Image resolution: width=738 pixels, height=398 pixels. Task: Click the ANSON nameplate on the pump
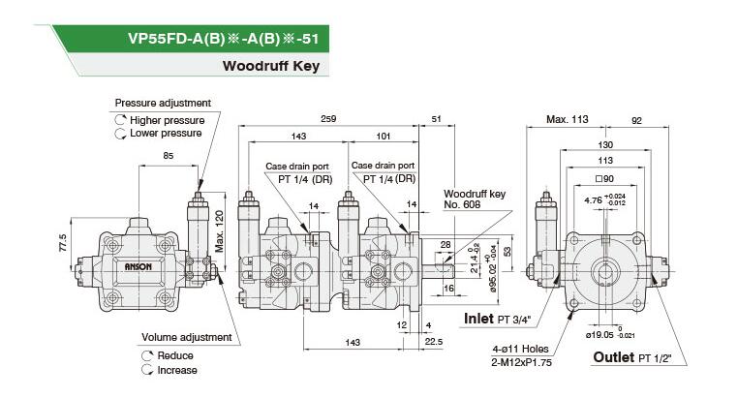point(138,266)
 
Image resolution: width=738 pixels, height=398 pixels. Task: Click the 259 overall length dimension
point(328,118)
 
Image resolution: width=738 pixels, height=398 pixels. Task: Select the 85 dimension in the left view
point(168,155)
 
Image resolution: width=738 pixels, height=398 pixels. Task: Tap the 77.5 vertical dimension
point(64,243)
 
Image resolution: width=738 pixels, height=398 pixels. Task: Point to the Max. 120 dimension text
point(219,231)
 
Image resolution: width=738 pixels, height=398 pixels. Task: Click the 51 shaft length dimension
point(436,119)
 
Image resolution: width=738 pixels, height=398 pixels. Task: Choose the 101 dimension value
point(384,136)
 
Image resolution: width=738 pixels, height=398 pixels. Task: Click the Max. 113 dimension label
point(568,119)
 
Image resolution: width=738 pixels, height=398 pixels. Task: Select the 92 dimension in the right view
point(636,121)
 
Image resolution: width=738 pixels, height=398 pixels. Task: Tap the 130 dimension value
point(605,144)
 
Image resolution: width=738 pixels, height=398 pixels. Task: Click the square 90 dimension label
point(604,179)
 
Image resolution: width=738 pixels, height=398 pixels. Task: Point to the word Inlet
point(478,319)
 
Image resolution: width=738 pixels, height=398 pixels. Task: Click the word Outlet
point(613,357)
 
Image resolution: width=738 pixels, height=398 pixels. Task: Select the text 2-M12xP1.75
point(521,362)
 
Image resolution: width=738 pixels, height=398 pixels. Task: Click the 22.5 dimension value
point(434,342)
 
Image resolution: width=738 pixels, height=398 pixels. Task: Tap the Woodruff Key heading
point(271,66)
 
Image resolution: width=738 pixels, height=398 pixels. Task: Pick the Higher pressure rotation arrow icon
point(120,120)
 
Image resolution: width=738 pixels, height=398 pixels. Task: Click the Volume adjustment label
point(186,337)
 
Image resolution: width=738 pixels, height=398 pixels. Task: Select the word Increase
point(177,370)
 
